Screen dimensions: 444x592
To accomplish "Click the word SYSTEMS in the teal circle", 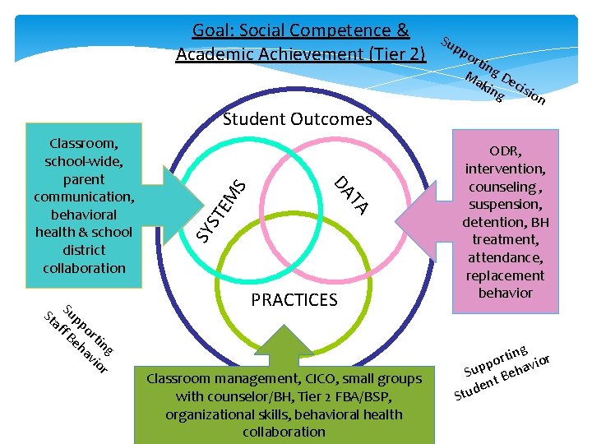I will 223,210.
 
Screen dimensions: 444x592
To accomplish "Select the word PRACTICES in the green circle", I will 294,300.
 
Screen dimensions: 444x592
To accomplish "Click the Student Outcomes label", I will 298,119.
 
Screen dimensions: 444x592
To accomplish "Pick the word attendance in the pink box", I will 503,257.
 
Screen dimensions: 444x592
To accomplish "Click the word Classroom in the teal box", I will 83,142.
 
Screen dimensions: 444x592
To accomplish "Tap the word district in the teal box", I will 84,250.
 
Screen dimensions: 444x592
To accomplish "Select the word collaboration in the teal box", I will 84,268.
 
